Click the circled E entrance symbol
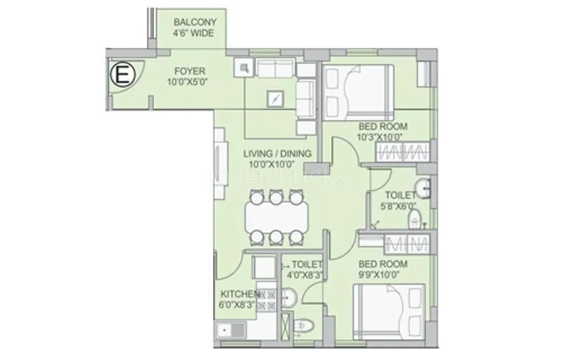121,74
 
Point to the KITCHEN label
239,293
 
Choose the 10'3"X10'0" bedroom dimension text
382,137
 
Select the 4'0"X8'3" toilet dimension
302,276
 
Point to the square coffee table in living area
276,98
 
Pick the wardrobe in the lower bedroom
407,244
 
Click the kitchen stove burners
266,300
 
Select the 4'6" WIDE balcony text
194,33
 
